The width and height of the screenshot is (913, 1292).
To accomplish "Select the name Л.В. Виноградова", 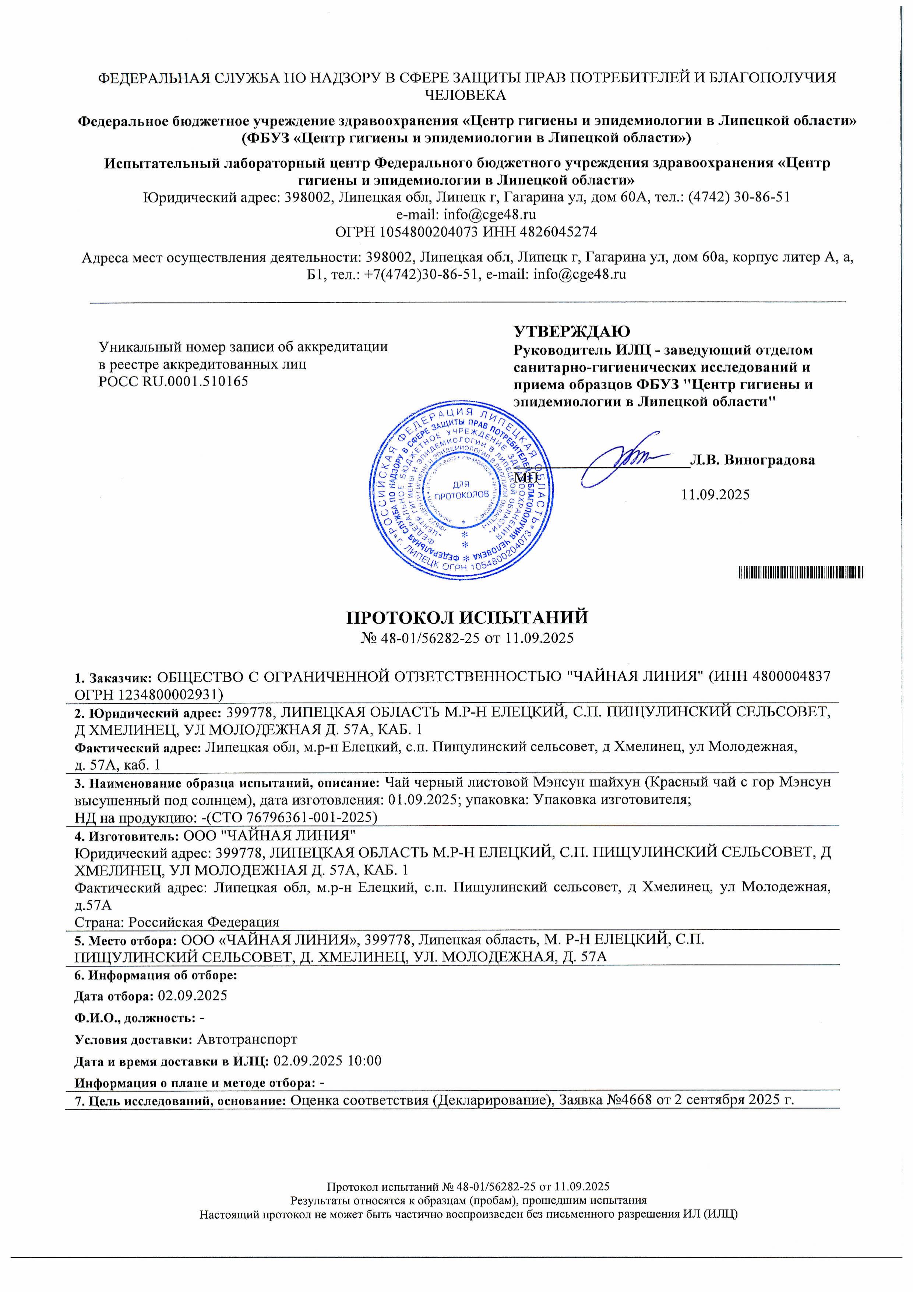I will pos(752,460).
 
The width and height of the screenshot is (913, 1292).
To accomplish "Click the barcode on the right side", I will pos(801,573).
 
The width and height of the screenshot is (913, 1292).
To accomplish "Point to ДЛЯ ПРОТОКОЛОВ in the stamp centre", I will pos(461,490).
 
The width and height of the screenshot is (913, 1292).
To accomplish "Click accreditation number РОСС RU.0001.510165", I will pos(173,381).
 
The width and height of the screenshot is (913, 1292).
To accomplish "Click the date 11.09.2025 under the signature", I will pos(715,494).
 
